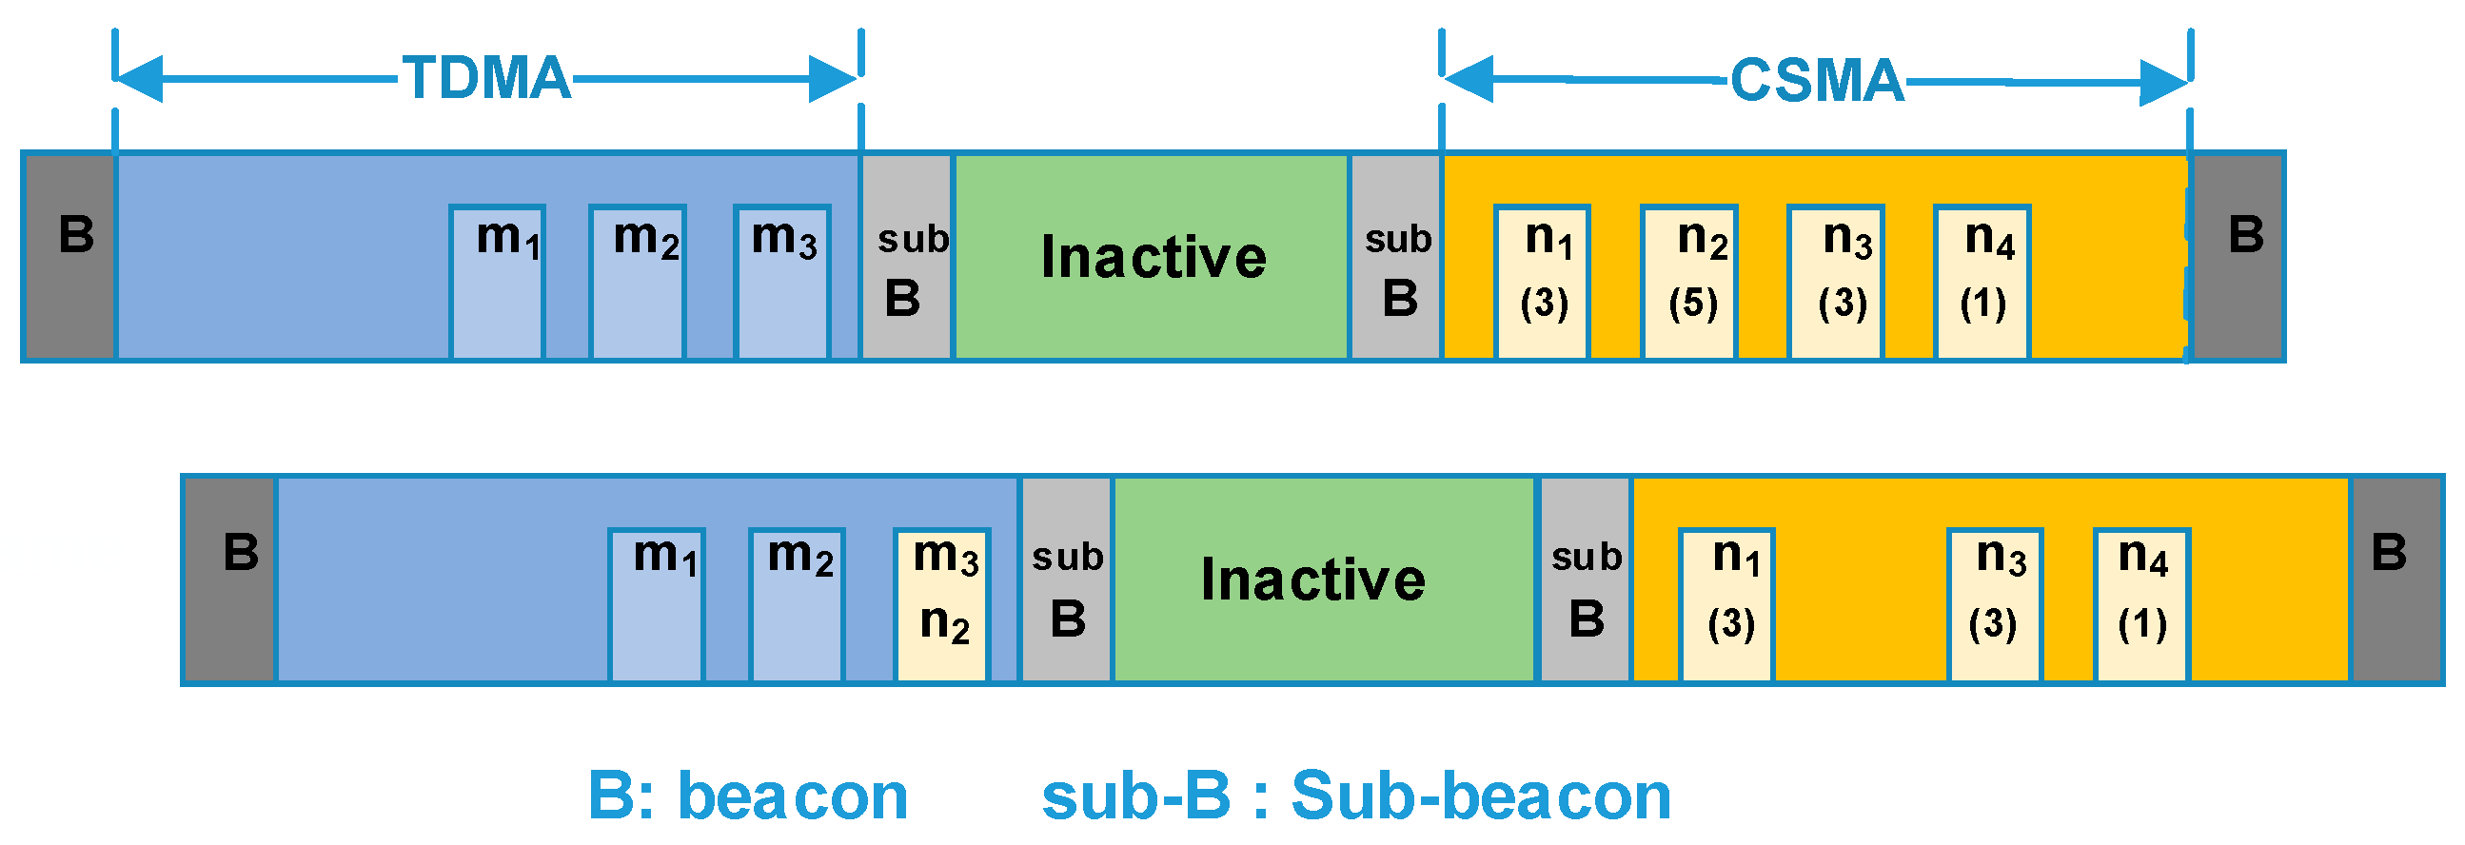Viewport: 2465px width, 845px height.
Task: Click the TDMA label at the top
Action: [486, 77]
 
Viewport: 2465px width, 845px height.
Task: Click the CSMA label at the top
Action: [1816, 79]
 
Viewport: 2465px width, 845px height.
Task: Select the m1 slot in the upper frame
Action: [498, 283]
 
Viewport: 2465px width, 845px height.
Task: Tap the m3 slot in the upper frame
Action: [781, 283]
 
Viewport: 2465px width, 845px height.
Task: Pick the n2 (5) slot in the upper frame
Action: [1690, 283]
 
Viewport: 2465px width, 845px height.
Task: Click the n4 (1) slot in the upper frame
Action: [1982, 283]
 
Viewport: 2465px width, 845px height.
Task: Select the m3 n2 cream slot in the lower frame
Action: [942, 605]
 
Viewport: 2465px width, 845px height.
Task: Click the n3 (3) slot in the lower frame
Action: [1995, 605]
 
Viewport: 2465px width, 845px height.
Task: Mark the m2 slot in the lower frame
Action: [798, 605]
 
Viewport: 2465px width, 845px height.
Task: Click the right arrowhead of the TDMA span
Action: [833, 78]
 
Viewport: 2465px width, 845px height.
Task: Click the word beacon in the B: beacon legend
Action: [792, 796]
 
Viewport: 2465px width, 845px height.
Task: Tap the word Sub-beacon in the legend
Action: [1480, 796]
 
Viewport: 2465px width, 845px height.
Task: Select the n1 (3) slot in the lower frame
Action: [1727, 605]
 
